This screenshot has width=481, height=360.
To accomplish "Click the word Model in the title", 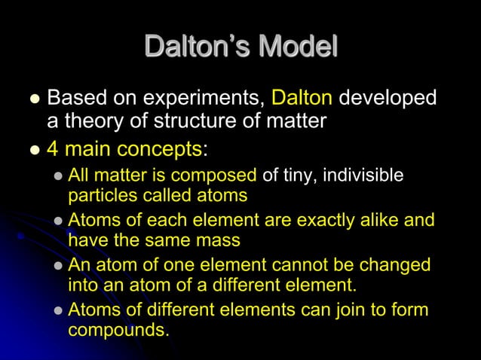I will pos(297,47).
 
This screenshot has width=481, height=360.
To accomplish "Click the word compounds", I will pos(117,331).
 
